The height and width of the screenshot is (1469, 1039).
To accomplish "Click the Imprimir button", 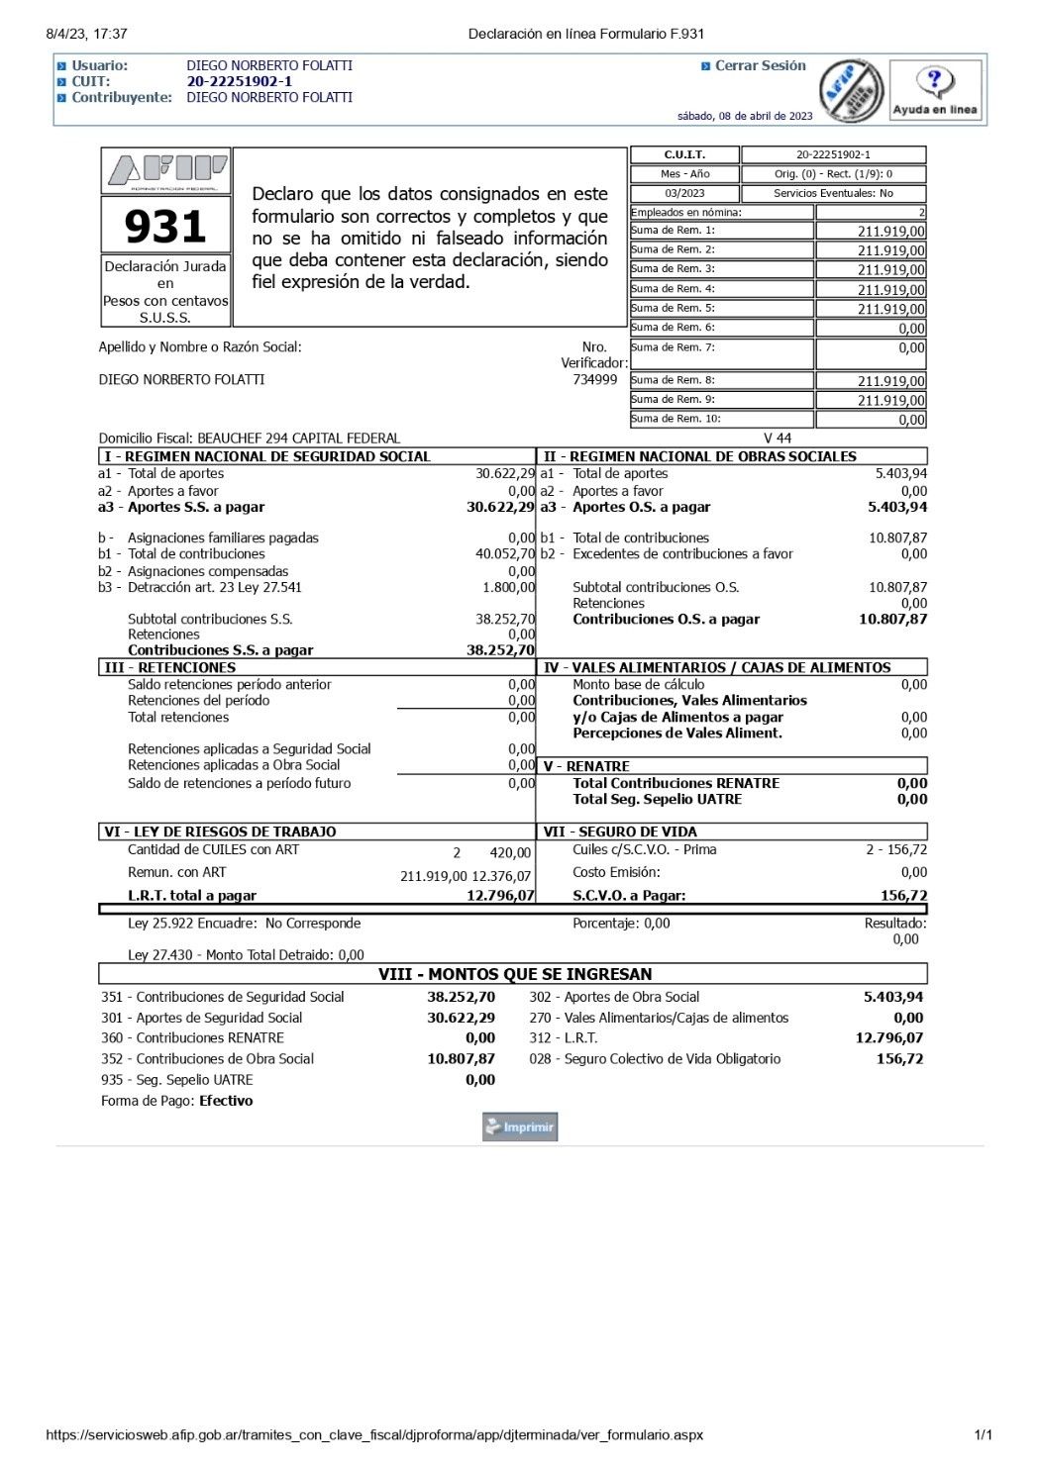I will [x=520, y=1126].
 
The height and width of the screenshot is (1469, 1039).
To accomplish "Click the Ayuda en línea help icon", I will [x=934, y=90].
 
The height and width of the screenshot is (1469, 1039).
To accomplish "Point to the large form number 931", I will [x=165, y=227].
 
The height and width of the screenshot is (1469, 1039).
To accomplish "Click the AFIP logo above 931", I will [x=166, y=171].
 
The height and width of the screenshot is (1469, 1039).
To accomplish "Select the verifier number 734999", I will [x=594, y=380].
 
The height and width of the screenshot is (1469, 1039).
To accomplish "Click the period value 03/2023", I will [x=684, y=193].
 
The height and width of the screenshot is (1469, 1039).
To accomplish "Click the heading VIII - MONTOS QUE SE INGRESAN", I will [x=515, y=974].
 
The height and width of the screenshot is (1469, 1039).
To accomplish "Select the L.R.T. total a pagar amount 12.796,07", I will [x=500, y=895].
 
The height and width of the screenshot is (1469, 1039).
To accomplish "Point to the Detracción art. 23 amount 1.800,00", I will [x=508, y=587].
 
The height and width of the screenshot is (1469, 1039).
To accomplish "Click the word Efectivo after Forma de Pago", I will [x=226, y=1101].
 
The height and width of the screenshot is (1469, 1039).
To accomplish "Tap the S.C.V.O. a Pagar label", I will [x=629, y=895].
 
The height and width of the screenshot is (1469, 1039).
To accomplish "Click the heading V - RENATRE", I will [x=586, y=766].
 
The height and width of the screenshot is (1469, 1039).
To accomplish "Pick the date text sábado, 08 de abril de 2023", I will [x=745, y=116].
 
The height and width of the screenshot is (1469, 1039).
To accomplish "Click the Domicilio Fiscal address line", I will [x=250, y=438].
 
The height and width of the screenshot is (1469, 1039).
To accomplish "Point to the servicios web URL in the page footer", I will [x=373, y=1434].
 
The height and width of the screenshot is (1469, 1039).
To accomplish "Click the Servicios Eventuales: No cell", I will [x=833, y=193].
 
